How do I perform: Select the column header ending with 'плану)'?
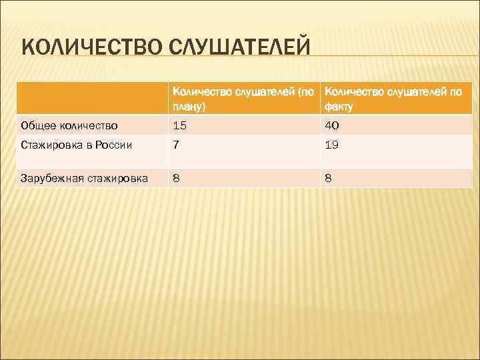pyautogui.click(x=244, y=99)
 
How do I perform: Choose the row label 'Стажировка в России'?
pyautogui.click(x=77, y=145)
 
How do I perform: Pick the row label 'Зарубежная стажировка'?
pyautogui.click(x=85, y=178)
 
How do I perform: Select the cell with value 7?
pyautogui.click(x=175, y=145)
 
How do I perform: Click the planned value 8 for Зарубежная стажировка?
pyautogui.click(x=176, y=178)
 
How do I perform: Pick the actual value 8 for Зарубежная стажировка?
pyautogui.click(x=329, y=178)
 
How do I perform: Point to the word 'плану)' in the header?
pyautogui.click(x=189, y=106)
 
